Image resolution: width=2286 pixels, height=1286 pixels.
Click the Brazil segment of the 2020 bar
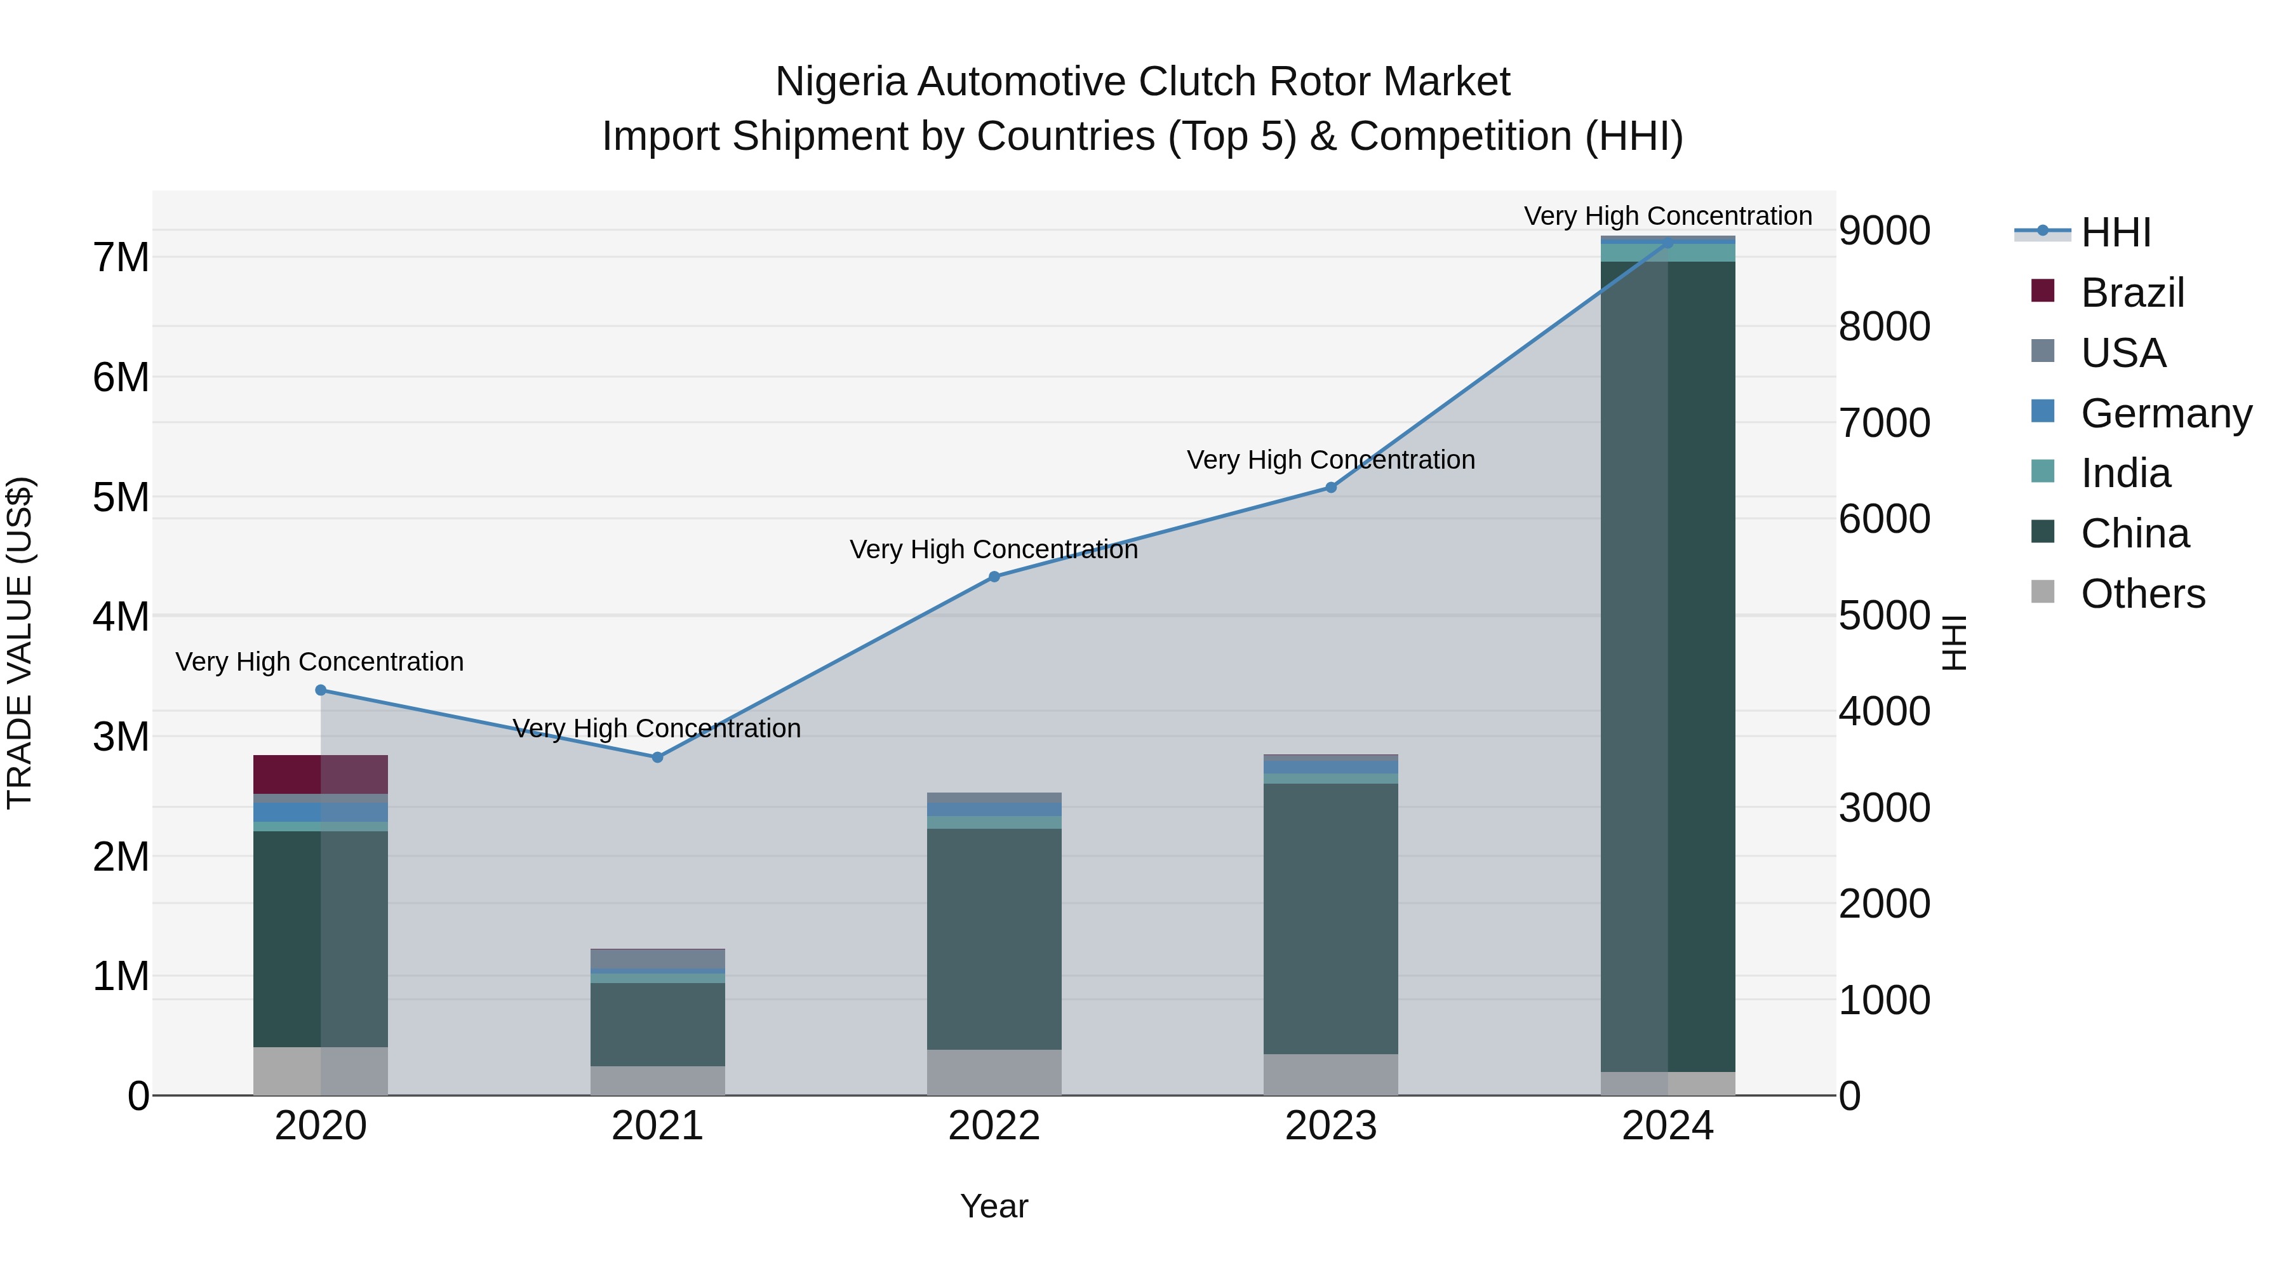click(321, 774)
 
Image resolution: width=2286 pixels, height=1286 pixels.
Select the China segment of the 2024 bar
click(1668, 666)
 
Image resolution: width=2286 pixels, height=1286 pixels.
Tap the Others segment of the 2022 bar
click(994, 1072)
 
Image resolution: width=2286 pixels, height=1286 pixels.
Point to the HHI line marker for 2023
click(1331, 487)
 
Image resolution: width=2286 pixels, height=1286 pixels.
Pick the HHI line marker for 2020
click(321, 690)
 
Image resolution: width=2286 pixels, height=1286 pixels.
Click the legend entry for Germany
click(2165, 413)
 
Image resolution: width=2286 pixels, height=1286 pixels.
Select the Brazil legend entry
click(2132, 293)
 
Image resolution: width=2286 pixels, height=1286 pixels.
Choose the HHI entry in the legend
click(2116, 232)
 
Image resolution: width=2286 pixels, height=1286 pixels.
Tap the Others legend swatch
click(2043, 592)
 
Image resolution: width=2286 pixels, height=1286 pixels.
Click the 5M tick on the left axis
click(121, 497)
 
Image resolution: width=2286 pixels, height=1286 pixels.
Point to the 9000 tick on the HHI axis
click(1884, 231)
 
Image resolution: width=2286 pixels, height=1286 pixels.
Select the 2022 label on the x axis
click(994, 1126)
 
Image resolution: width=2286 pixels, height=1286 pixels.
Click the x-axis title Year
click(994, 1206)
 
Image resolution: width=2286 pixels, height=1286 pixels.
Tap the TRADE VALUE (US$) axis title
click(20, 643)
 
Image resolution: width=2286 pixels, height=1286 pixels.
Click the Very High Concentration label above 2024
click(1668, 216)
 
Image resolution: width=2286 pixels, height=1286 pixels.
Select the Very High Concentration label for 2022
click(994, 549)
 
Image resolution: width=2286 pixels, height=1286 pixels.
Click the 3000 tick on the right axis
click(1884, 808)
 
